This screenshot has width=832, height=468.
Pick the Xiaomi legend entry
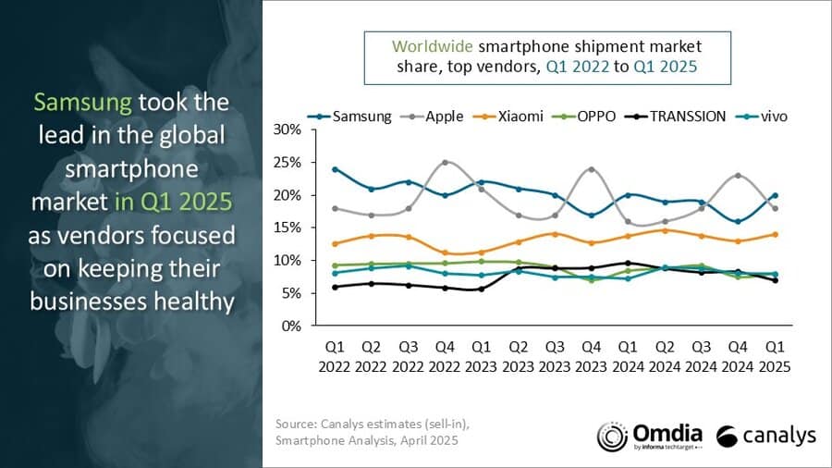[520, 117]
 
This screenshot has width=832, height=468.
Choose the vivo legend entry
[770, 117]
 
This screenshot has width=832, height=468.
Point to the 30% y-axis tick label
[288, 129]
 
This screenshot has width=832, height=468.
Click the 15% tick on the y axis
[288, 228]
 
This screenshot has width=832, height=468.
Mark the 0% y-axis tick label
[292, 326]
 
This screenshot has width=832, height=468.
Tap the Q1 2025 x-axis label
[775, 356]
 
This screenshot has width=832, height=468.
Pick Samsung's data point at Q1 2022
[335, 169]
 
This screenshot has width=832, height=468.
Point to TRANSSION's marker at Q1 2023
[481, 289]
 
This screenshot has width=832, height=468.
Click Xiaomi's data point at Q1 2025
[775, 234]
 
